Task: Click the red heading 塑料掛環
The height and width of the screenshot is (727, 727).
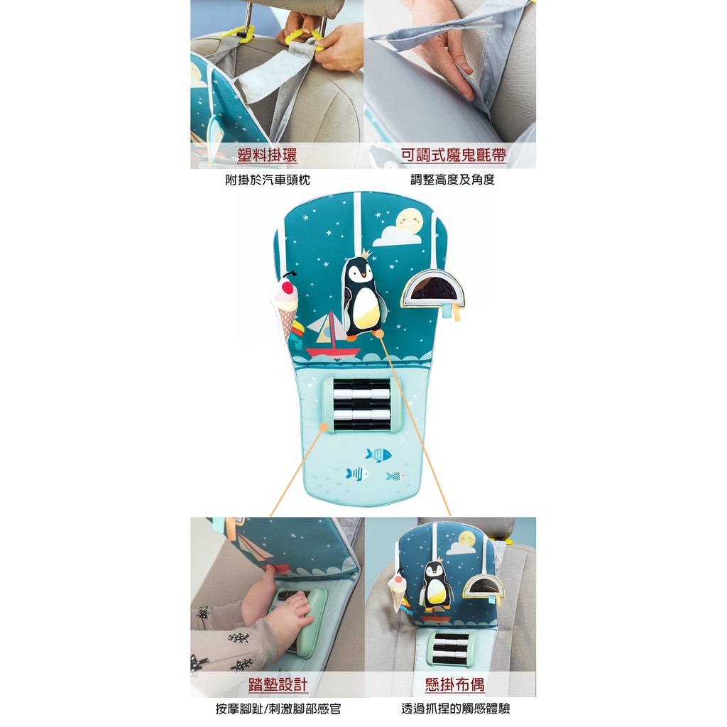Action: [x=267, y=155]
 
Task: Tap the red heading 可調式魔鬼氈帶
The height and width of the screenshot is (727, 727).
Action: [x=454, y=155]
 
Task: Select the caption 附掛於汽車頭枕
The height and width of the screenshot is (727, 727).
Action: [x=268, y=180]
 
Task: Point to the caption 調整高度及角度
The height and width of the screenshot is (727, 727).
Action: [x=452, y=180]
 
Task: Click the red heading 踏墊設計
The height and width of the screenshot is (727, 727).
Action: [x=278, y=684]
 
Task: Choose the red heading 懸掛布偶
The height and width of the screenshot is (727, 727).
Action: [x=455, y=684]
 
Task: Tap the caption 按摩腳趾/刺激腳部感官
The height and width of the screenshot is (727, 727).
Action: [x=278, y=709]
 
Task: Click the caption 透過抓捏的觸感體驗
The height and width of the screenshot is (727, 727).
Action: [x=455, y=709]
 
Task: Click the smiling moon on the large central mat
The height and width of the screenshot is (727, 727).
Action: [x=409, y=221]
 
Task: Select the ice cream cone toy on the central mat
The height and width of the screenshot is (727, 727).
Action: [x=285, y=306]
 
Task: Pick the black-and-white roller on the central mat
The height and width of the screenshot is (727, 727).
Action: [x=361, y=404]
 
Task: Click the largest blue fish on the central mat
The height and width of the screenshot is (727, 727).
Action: [x=378, y=455]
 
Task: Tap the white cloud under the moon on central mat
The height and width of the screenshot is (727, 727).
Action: [x=397, y=236]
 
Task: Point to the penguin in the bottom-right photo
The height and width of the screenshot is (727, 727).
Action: [x=436, y=585]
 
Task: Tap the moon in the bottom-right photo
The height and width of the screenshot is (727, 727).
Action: [x=466, y=540]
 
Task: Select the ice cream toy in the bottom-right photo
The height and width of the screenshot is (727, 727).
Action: [x=397, y=591]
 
